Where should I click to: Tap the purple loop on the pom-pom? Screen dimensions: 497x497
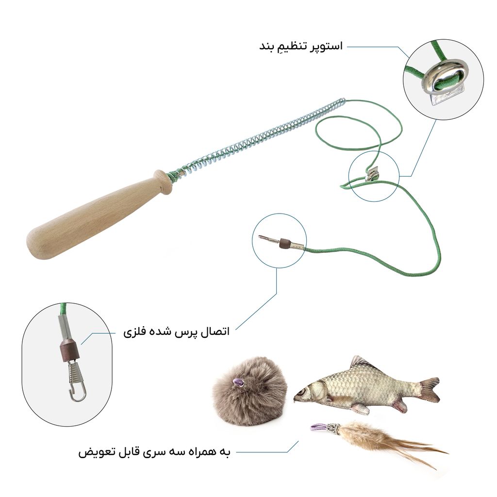(237, 382)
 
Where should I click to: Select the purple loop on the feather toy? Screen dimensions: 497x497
(318, 427)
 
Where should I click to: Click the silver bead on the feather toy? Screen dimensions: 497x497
(333, 428)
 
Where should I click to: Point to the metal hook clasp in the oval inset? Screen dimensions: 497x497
(76, 383)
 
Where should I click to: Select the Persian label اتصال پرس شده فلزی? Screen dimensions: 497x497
(176, 332)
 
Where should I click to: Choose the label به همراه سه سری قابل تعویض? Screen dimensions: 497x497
(154, 452)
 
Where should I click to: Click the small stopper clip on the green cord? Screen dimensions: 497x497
(371, 174)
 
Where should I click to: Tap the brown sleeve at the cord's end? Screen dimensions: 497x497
(284, 243)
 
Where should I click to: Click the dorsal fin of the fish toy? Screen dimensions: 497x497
(364, 363)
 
